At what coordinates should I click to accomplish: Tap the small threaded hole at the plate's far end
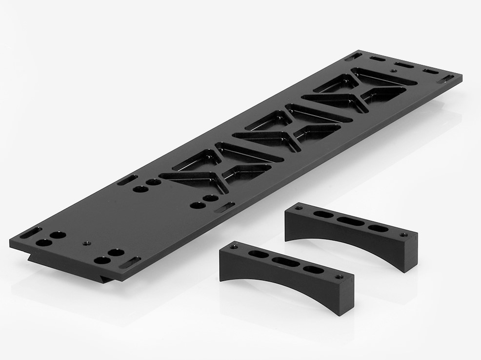tap(393, 71)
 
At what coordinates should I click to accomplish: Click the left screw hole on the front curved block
tap(235, 245)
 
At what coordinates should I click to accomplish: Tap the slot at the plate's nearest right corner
tap(131, 261)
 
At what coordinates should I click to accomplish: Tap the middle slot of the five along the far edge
tap(403, 64)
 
